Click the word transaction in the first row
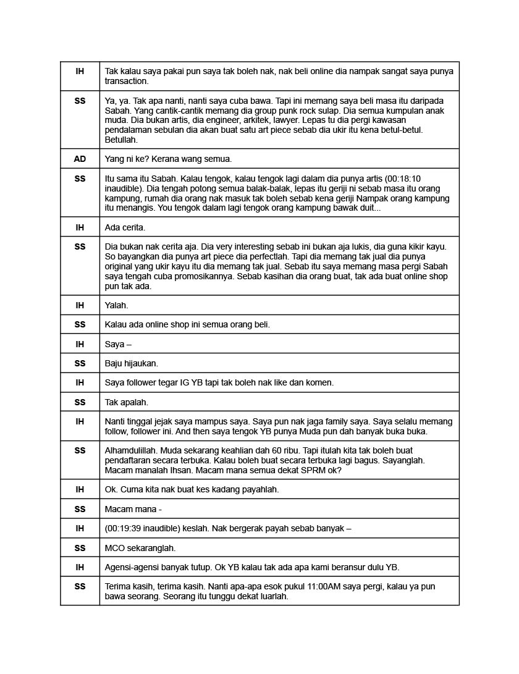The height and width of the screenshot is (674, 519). pyautogui.click(x=127, y=82)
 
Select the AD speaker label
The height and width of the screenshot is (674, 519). pyautogui.click(x=80, y=159)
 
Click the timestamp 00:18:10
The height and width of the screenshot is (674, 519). pyautogui.click(x=404, y=179)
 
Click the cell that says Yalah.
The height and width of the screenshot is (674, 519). pyautogui.click(x=117, y=305)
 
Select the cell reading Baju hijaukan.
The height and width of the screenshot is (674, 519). pyautogui.click(x=131, y=363)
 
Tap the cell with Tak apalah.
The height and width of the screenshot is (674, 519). pyautogui.click(x=127, y=402)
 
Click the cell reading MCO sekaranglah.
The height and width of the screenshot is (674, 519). pyautogui.click(x=140, y=548)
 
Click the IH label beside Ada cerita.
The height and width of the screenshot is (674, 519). pyautogui.click(x=80, y=227)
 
